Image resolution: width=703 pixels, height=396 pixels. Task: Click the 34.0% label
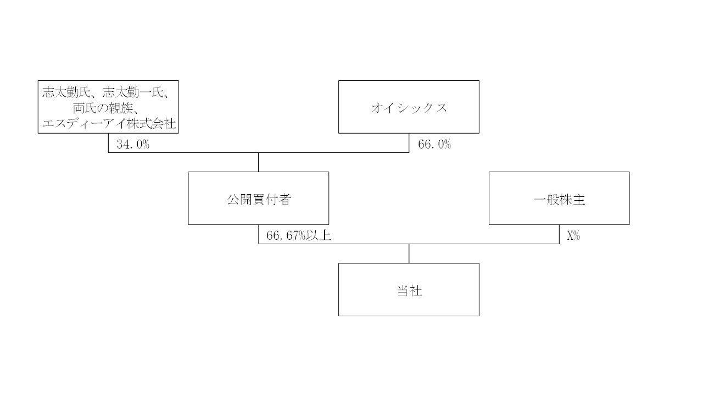(133, 145)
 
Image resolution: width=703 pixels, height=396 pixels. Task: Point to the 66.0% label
(434, 145)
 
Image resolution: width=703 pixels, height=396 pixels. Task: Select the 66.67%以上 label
(298, 236)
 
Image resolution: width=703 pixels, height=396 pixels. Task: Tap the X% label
(573, 236)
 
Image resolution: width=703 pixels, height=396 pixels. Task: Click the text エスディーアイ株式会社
(109, 124)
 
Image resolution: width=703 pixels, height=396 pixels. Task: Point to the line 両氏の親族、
(109, 108)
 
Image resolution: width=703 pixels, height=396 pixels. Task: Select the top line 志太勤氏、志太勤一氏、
(109, 92)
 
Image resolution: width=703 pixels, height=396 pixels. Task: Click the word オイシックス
(409, 108)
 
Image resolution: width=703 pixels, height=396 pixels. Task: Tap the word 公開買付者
(258, 199)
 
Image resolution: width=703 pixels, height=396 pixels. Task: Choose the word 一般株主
(559, 199)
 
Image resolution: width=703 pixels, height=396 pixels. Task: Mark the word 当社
(409, 290)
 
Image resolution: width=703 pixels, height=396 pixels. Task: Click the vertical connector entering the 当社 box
(409, 253)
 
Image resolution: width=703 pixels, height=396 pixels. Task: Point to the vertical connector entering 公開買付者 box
(259, 162)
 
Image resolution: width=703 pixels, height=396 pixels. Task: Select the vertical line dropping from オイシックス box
(409, 142)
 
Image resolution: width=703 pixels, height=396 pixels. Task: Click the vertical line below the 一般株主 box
(559, 234)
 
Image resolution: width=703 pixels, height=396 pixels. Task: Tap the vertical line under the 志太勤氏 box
(108, 142)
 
